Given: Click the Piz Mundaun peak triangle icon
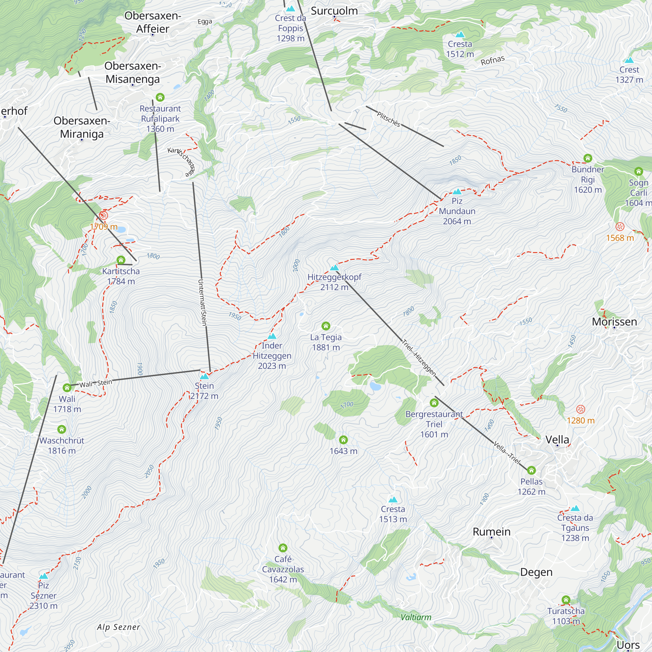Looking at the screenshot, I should (x=457, y=192).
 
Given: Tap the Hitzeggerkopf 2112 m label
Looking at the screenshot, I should (x=334, y=282).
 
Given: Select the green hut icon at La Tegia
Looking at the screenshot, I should (x=326, y=326).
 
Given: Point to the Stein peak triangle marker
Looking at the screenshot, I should (x=204, y=376).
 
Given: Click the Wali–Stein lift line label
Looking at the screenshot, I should (x=96, y=383).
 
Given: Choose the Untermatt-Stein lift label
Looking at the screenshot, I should (x=202, y=303).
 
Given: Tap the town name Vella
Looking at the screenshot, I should (x=557, y=439).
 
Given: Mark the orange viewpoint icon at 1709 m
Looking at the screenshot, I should (x=104, y=215).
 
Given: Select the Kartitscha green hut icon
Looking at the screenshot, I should (x=121, y=260).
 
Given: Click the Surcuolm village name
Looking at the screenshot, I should (x=334, y=11).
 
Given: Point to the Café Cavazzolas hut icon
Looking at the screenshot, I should (x=283, y=548).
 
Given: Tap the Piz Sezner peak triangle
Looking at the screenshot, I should (x=44, y=576).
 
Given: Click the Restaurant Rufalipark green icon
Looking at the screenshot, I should (x=160, y=97).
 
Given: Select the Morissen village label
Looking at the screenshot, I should (x=614, y=322).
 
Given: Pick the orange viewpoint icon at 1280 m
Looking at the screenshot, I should (x=581, y=409).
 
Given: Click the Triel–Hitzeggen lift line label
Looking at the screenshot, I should (x=419, y=358).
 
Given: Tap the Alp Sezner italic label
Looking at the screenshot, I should (x=118, y=627).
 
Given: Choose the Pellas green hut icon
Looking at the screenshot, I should (x=531, y=470).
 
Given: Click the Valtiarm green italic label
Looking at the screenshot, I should (x=416, y=617).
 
